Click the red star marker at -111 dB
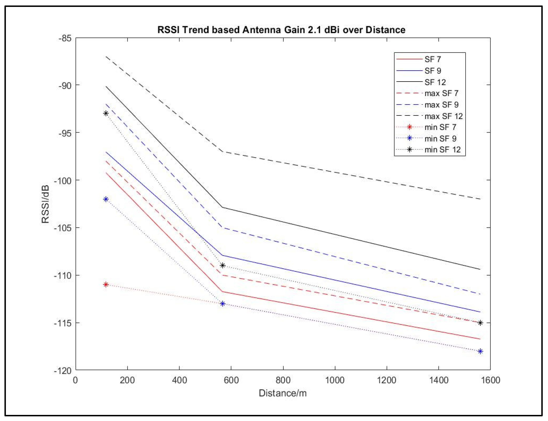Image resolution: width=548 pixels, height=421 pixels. pos(106,285)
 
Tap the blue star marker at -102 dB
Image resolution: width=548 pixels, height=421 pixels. pos(106,199)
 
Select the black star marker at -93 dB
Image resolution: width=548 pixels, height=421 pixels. pos(106,113)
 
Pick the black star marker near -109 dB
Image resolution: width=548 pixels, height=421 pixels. pos(222,266)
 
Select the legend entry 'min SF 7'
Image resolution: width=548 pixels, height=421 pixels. pos(440,127)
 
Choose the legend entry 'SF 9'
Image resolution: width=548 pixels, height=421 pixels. pos(433,71)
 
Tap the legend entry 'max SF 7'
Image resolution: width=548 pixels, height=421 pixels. pos(441,93)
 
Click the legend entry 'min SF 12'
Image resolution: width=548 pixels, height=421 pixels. pos(442,150)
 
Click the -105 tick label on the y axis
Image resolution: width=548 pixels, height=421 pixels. pos(62,228)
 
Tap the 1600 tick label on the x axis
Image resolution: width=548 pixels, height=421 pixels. pos(490,380)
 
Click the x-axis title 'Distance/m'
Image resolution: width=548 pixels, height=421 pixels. pos(283,393)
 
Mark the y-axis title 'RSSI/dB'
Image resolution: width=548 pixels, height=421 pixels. pos(45,204)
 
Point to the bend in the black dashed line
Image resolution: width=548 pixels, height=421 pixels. pos(222,152)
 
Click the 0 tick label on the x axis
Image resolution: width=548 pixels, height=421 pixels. pos(75,380)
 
